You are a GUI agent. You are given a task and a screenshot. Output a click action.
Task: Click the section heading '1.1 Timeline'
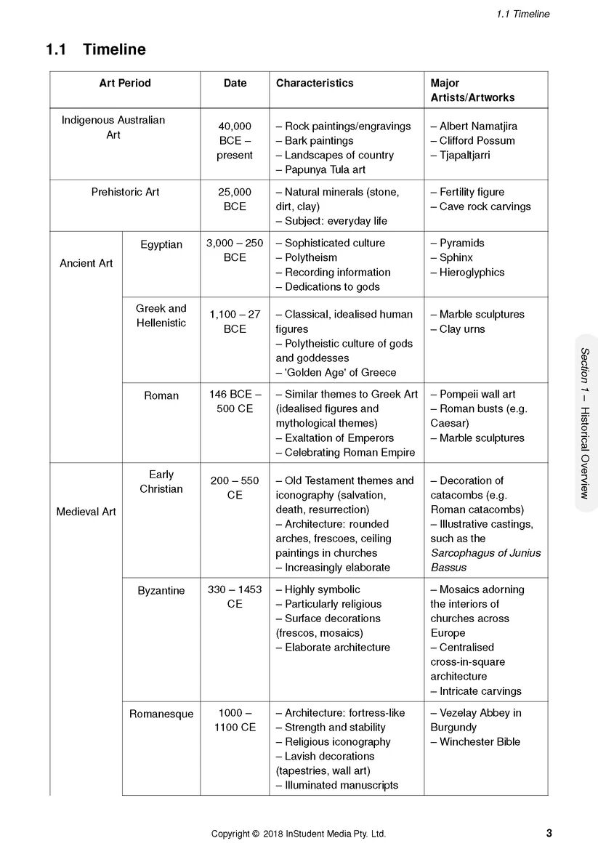95,49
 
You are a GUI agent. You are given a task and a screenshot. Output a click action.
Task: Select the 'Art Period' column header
125,83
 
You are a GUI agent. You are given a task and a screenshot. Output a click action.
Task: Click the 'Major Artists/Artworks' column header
472,90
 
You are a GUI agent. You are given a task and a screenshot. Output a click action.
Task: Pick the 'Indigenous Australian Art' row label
113,127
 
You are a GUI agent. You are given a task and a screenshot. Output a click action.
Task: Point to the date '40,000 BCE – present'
235,140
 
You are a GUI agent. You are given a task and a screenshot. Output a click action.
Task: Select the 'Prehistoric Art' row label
125,192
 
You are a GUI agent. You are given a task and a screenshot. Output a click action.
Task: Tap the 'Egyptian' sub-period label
161,244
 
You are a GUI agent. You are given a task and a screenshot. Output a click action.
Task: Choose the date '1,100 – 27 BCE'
235,321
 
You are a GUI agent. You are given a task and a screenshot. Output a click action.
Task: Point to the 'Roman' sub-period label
161,395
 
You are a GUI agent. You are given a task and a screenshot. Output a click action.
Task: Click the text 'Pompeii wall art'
477,394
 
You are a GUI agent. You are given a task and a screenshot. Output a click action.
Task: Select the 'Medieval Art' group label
86,512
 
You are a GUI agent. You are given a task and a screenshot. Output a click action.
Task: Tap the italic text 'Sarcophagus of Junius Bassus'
485,560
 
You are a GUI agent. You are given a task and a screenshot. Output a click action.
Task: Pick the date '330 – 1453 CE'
235,597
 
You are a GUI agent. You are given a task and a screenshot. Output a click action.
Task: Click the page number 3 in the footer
549,833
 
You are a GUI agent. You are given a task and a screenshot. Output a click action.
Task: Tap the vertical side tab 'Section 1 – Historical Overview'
584,423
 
